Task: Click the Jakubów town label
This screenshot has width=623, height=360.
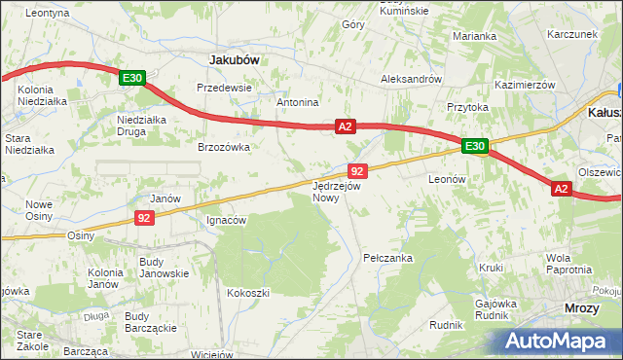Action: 234,59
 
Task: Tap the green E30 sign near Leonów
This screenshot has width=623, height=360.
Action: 474,146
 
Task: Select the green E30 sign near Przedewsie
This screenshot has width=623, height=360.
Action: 133,78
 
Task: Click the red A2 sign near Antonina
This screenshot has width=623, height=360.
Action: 346,126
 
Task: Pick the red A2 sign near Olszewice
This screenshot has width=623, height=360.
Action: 561,189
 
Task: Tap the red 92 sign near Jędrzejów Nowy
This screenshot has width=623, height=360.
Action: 356,170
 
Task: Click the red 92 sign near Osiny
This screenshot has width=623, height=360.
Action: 143,218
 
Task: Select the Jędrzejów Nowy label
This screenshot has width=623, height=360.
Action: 337,191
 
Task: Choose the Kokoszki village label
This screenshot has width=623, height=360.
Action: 247,292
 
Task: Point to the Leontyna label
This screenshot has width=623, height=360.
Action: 47,13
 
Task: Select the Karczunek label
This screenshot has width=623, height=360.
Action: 571,33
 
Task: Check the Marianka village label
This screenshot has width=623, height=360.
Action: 474,36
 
